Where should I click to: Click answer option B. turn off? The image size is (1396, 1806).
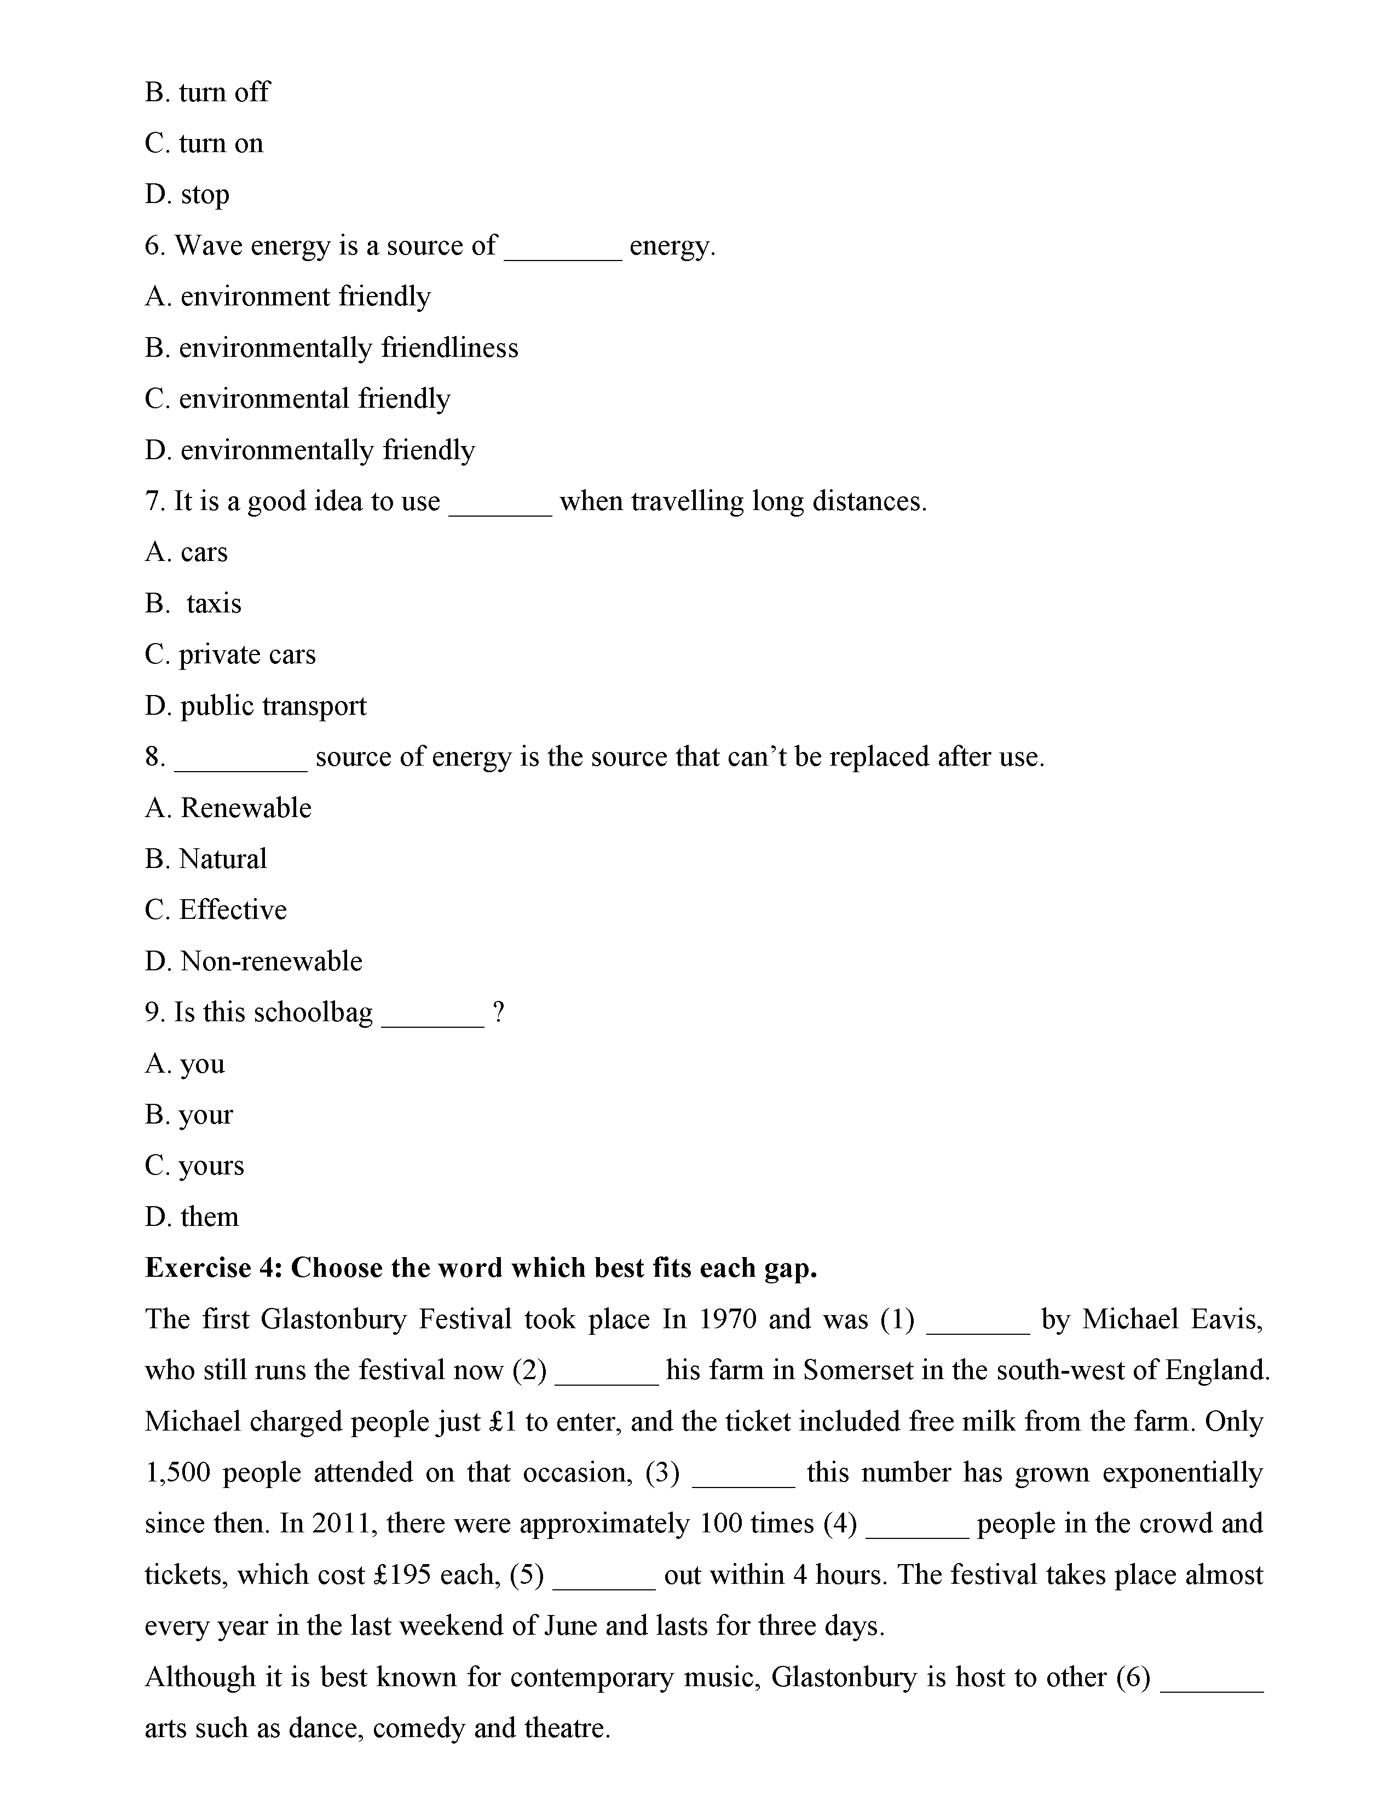point(207,92)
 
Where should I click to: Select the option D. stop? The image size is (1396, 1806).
point(187,194)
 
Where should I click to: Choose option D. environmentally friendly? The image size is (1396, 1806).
point(310,450)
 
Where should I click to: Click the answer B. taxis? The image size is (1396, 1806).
point(193,604)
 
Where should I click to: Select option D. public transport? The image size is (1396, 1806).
point(256,706)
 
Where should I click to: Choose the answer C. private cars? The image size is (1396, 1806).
point(230,655)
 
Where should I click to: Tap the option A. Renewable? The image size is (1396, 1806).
point(228,808)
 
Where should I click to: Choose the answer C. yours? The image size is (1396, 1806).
point(194,1166)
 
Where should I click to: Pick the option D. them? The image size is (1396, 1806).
point(192,1217)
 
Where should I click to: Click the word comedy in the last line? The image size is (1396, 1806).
point(418,1729)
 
